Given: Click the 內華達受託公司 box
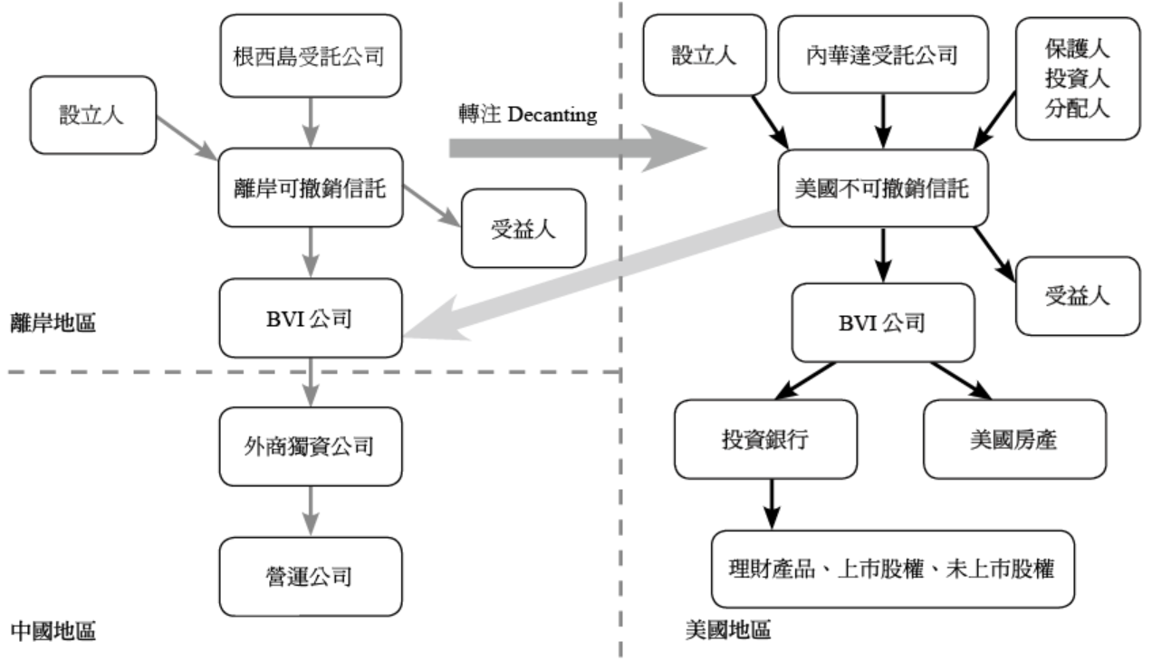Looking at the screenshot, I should [x=881, y=53].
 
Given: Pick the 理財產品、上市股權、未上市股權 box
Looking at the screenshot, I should [x=893, y=570].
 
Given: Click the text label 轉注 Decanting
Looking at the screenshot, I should [x=528, y=115].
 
